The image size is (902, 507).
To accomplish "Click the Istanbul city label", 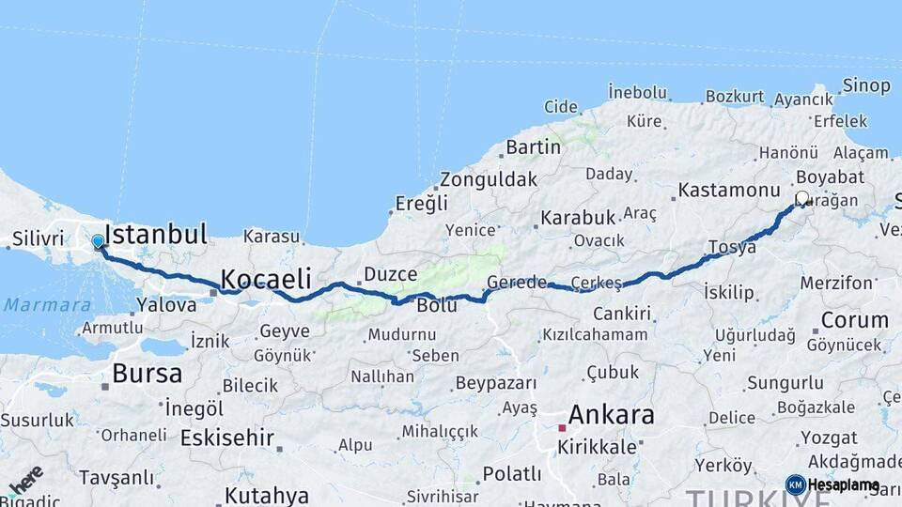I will click(x=156, y=234).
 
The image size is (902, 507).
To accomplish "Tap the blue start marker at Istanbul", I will click(x=98, y=242).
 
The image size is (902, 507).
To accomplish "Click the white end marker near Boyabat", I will click(x=802, y=198).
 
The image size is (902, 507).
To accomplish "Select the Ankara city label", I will click(x=612, y=415).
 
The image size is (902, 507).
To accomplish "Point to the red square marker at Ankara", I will click(x=562, y=427).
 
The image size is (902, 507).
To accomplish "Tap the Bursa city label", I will click(x=147, y=373).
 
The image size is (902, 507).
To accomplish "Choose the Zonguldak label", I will click(x=489, y=178).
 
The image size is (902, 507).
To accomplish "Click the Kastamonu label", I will click(x=729, y=190).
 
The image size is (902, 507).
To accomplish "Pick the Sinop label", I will click(x=866, y=85).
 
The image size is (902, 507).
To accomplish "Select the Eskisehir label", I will click(x=227, y=438).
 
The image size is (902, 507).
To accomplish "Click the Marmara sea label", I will click(x=47, y=305).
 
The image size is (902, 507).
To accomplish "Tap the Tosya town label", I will click(x=732, y=247).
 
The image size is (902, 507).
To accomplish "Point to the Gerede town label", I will click(x=517, y=283).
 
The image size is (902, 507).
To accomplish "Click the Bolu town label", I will click(x=437, y=305).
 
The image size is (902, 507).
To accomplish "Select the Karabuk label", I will click(x=578, y=218).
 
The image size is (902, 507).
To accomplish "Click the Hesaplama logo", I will click(x=833, y=484).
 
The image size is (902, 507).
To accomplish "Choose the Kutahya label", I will click(x=267, y=495).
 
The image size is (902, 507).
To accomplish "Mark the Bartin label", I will click(x=533, y=146).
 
